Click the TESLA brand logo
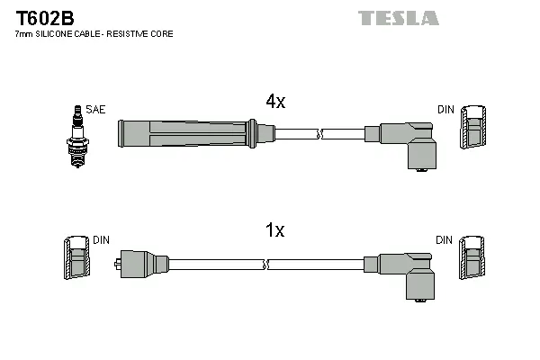(x=399, y=18)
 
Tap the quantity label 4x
(x=275, y=102)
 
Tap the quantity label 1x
(x=275, y=230)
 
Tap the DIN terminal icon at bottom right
(x=473, y=260)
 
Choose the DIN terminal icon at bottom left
(x=78, y=260)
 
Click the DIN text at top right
(x=446, y=109)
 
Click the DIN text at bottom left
(x=102, y=240)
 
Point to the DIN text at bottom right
(x=445, y=240)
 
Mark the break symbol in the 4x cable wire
(x=319, y=134)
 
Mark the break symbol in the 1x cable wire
(x=267, y=265)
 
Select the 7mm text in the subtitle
(x=24, y=33)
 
